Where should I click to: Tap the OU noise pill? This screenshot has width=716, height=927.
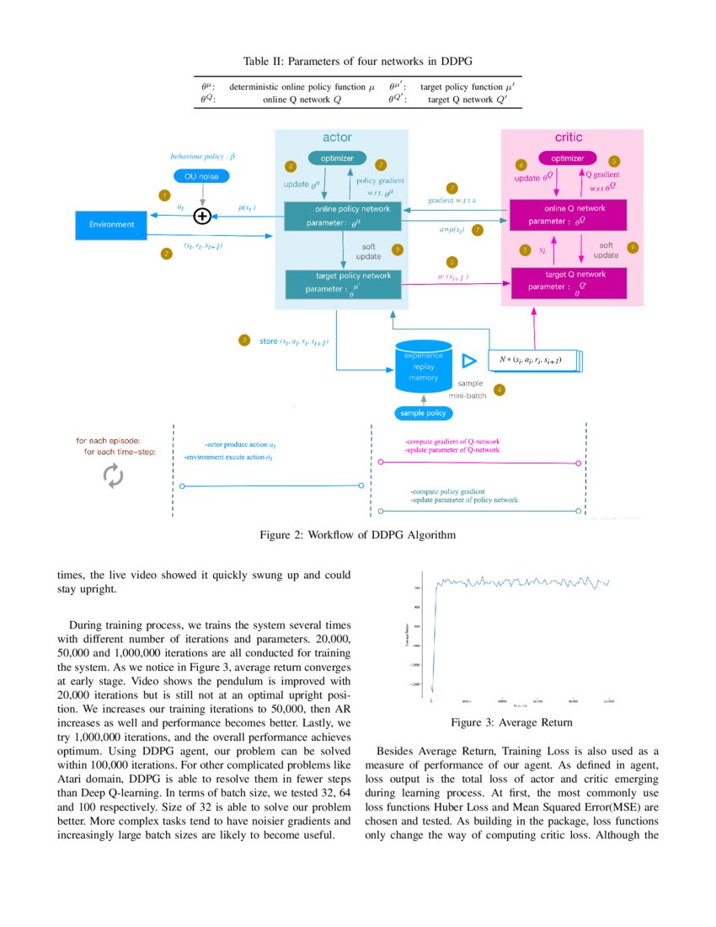click(x=201, y=177)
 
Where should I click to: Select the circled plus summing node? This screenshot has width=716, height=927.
click(x=202, y=217)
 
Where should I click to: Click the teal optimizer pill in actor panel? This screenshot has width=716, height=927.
click(x=337, y=158)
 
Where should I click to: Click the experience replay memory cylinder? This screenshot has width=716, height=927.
click(x=424, y=366)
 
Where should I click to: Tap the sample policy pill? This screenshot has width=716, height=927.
click(x=424, y=414)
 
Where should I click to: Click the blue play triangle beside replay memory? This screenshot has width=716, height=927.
click(x=468, y=361)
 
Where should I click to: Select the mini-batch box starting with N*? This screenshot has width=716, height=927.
click(x=534, y=361)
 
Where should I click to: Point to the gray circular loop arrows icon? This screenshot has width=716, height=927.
click(x=113, y=476)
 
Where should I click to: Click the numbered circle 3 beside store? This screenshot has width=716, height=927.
click(x=243, y=340)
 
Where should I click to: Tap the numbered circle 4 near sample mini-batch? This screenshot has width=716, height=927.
click(x=500, y=390)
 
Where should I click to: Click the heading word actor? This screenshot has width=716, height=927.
click(x=337, y=137)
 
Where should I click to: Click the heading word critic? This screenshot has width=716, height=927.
click(x=569, y=137)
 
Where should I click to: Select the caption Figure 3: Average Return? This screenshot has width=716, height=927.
click(x=511, y=723)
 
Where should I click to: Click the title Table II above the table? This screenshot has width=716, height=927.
click(x=357, y=62)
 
